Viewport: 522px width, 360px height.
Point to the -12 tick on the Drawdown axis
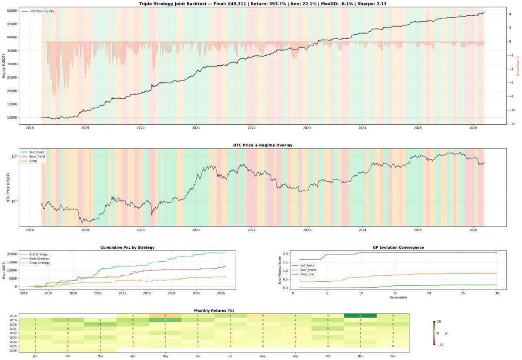[514, 124]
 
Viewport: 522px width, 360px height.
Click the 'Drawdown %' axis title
[518, 66]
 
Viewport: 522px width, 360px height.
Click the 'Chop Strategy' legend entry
[38, 263]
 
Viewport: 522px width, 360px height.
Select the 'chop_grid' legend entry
[308, 274]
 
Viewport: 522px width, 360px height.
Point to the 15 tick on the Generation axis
[395, 293]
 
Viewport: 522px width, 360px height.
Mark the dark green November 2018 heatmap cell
[361, 316]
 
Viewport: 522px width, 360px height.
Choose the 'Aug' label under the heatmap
[263, 356]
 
